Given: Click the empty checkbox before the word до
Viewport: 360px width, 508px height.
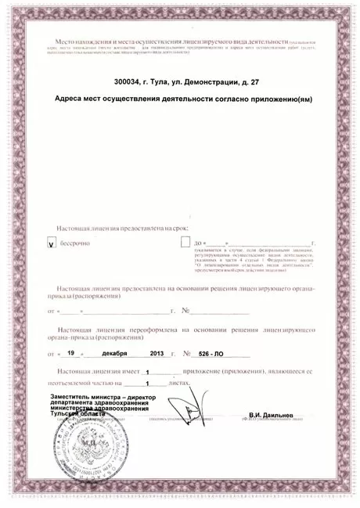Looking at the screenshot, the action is click(185, 243).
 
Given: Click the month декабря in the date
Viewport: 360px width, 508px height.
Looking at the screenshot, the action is click(123, 354).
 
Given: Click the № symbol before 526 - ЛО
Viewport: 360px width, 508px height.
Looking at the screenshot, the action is click(186, 355).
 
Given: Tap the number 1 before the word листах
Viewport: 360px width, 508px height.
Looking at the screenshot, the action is click(146, 384).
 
